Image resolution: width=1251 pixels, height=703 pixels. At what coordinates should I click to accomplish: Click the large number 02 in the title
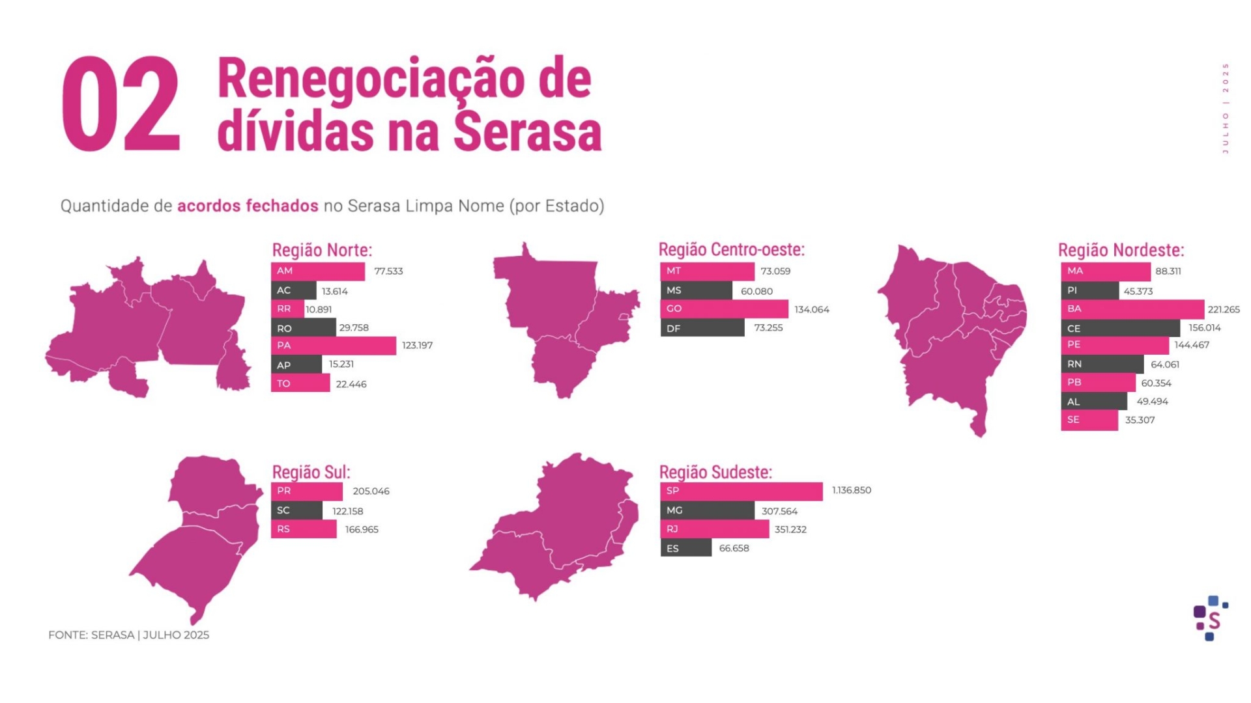(121, 104)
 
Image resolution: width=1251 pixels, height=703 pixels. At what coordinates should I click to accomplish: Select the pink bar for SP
(741, 491)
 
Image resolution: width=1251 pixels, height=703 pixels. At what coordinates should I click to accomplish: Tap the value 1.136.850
(851, 490)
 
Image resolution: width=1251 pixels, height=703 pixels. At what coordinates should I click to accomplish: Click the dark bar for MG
(707, 510)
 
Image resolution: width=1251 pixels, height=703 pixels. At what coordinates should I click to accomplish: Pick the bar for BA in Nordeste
(1132, 309)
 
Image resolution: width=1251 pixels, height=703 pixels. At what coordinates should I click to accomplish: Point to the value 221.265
(1223, 309)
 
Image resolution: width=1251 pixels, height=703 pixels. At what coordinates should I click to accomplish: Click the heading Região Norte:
(322, 250)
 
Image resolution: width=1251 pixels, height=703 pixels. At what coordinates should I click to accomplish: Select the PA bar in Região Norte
(333, 346)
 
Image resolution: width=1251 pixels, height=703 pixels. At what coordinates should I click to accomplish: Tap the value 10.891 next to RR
(319, 309)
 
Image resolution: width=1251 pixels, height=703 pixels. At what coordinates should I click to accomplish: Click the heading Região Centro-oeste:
(731, 249)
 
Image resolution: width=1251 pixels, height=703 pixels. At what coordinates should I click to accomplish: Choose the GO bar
(724, 309)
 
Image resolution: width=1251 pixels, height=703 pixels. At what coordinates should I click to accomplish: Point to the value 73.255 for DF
(768, 327)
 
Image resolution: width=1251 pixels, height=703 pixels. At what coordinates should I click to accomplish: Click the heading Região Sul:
(311, 472)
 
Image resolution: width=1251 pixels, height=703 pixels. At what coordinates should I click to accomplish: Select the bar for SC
(296, 510)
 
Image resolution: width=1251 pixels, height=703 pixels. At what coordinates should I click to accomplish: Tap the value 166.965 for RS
(362, 529)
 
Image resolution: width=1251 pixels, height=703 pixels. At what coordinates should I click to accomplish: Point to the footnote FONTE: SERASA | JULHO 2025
(128, 635)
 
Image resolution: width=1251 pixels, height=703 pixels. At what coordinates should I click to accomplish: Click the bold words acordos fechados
(248, 206)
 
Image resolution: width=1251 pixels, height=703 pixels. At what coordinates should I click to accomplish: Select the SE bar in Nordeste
(1089, 420)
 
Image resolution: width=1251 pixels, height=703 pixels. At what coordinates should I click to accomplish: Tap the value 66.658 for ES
(734, 548)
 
